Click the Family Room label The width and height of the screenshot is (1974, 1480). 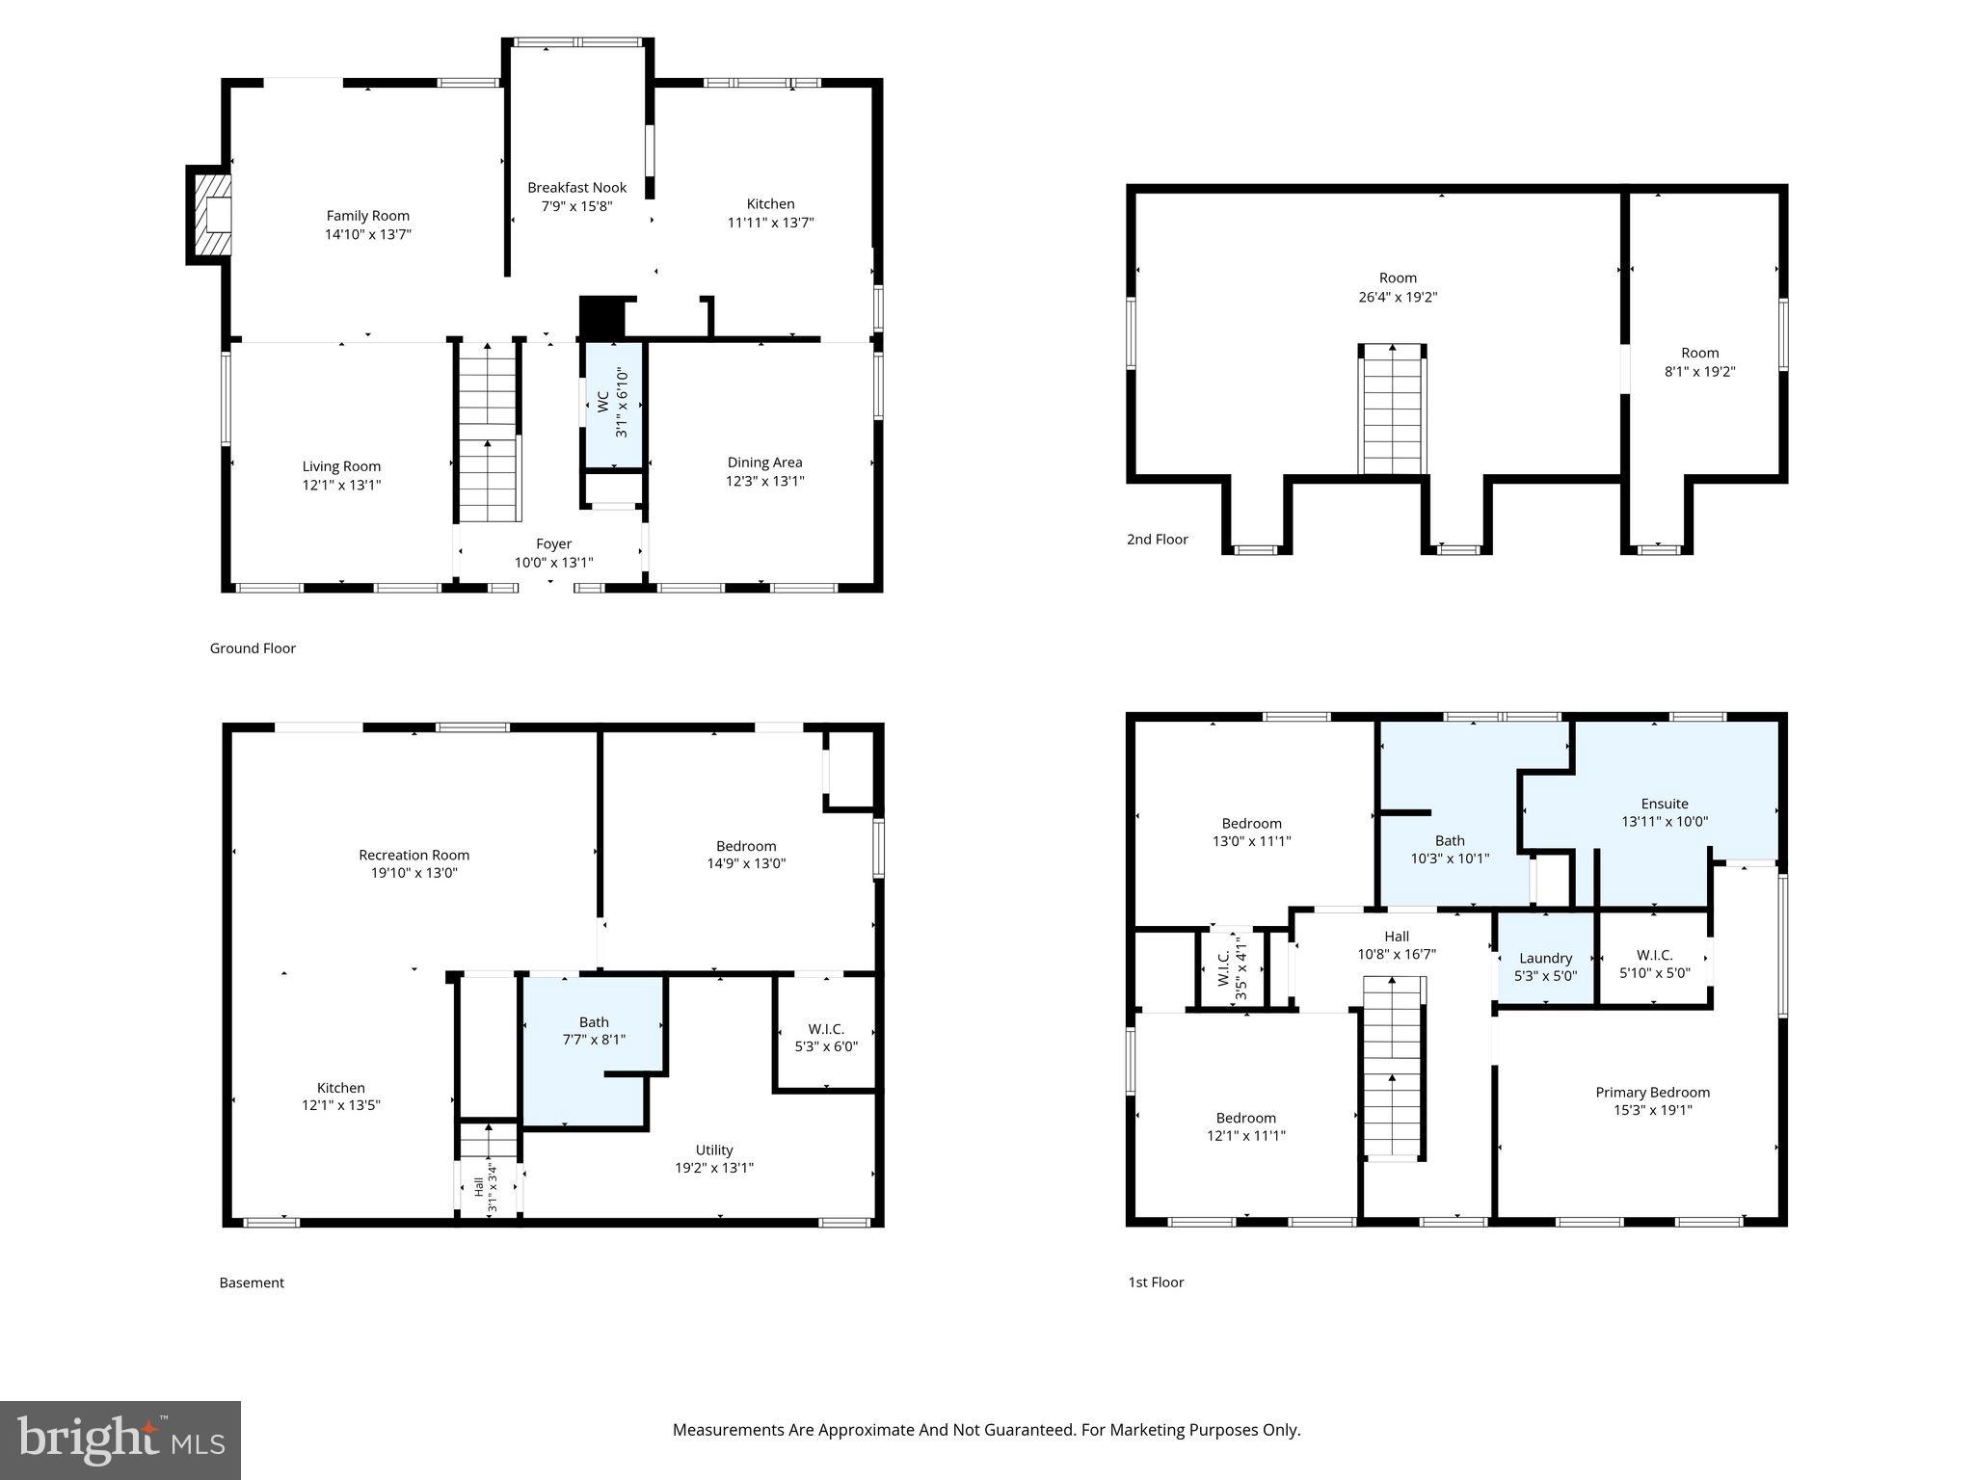click(x=367, y=216)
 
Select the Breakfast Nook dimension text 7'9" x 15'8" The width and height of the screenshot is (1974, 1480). click(x=576, y=206)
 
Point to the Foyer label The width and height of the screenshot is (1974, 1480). click(x=553, y=544)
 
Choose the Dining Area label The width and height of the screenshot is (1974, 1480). click(x=764, y=462)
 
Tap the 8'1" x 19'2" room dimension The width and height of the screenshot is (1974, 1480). click(x=1699, y=371)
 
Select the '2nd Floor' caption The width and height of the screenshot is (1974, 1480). click(x=1157, y=540)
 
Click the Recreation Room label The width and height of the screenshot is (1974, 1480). click(x=413, y=855)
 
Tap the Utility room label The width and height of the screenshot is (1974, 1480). click(x=713, y=1150)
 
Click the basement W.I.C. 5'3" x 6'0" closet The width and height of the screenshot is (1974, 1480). click(x=826, y=1038)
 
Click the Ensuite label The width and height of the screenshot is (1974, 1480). click(x=1665, y=804)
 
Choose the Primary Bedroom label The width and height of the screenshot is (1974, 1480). click(x=1652, y=1093)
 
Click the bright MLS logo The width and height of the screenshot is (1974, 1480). click(x=120, y=1440)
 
